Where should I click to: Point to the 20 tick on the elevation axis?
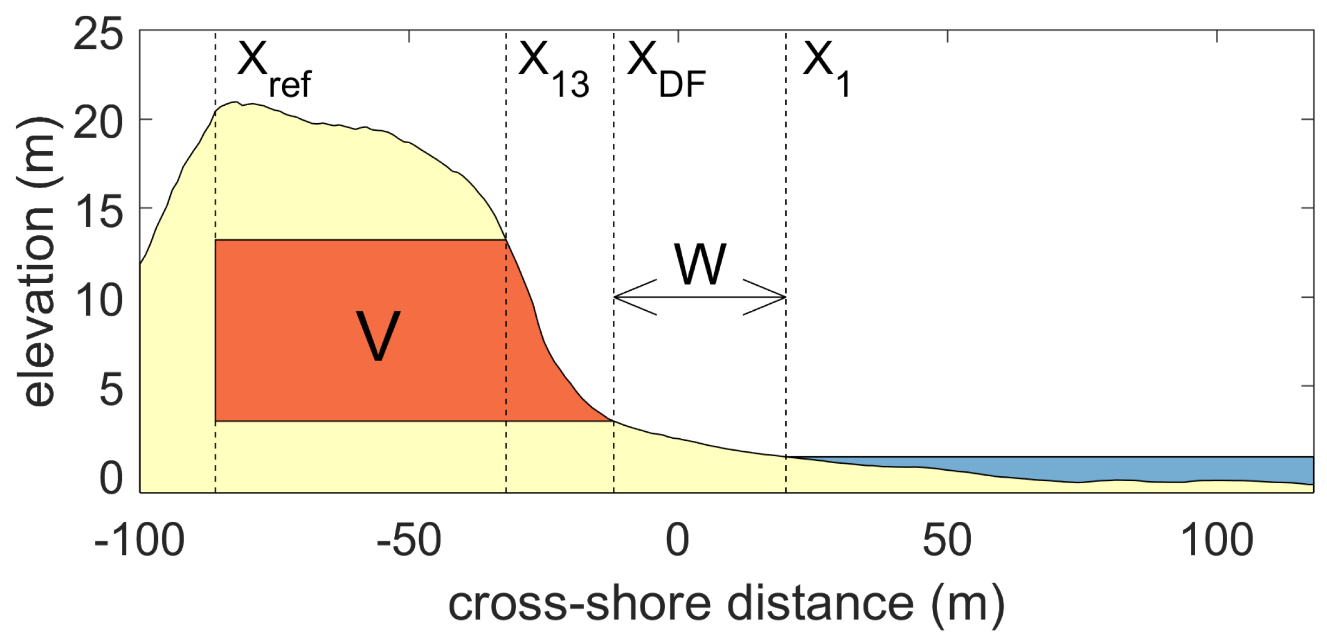tap(98, 123)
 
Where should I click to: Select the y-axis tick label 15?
tap(98, 212)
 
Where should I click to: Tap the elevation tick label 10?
tap(98, 300)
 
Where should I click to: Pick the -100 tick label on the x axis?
tap(139, 541)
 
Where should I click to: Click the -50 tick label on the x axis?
tap(409, 541)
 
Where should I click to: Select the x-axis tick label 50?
tap(947, 541)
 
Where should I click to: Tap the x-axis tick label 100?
tap(1216, 541)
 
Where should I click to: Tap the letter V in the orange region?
tap(378, 336)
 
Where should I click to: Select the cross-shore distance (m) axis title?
tap(726, 605)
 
